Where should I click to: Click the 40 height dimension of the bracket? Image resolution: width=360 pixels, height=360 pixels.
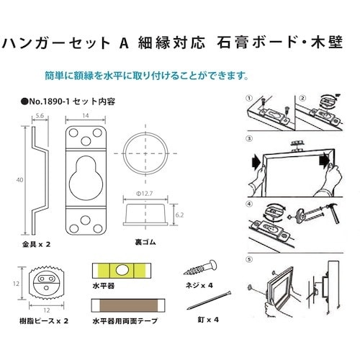click(x=20, y=180)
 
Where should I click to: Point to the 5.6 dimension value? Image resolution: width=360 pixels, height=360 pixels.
click(x=40, y=116)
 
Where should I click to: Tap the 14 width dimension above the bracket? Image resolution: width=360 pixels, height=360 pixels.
click(x=86, y=116)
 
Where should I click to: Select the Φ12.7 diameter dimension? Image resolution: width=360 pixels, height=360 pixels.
click(x=145, y=194)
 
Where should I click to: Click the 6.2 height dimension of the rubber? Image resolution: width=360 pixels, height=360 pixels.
click(x=179, y=215)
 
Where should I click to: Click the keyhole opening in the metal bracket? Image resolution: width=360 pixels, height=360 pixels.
click(x=86, y=178)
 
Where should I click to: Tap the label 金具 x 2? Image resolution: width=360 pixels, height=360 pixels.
click(x=36, y=245)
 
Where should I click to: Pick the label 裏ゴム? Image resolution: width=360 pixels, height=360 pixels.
click(x=145, y=243)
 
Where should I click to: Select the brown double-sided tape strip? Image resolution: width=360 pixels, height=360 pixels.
click(x=129, y=305)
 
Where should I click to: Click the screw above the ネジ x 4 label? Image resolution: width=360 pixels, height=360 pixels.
click(x=200, y=268)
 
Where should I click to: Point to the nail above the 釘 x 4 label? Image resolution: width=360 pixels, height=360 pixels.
click(x=209, y=300)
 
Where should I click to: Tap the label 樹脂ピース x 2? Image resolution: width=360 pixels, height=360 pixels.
click(x=44, y=321)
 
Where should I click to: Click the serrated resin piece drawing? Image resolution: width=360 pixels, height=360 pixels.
click(x=47, y=284)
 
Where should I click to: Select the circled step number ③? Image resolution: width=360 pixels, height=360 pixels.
click(x=250, y=138)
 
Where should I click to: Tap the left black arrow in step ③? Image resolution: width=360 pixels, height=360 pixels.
click(x=256, y=162)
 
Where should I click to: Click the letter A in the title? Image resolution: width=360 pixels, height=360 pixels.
click(x=124, y=43)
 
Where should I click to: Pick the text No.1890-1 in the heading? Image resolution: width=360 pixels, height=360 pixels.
click(x=49, y=102)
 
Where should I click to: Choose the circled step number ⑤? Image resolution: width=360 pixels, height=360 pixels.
click(x=250, y=260)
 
